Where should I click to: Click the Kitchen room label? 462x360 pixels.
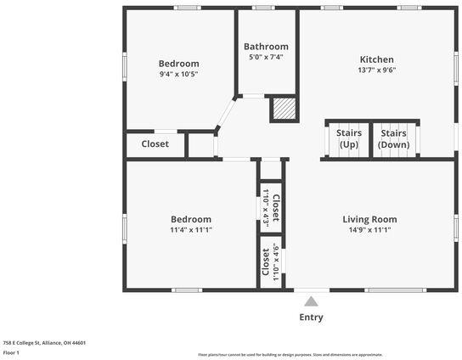[x=376, y=59]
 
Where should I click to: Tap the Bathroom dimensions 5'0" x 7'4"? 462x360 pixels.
[x=266, y=58]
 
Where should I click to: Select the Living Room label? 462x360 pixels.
[x=369, y=219]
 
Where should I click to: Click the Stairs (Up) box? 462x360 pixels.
[x=349, y=139]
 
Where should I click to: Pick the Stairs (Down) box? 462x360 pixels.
[x=393, y=139]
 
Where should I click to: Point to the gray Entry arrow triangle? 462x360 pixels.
[x=312, y=301]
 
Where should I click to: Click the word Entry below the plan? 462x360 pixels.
[x=311, y=318]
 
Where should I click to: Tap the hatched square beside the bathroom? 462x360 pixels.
[x=283, y=110]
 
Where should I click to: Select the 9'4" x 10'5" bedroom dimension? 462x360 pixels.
[x=178, y=75]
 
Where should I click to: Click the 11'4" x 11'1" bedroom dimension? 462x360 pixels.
[x=190, y=230]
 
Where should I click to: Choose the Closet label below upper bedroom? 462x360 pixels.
[x=155, y=144]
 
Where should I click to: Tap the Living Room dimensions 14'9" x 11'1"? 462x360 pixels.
[x=369, y=230]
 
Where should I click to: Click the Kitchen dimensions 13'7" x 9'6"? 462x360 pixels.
[x=376, y=71]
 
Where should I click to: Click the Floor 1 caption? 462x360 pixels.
[x=11, y=352]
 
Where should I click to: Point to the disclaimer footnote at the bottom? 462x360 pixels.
[x=290, y=355]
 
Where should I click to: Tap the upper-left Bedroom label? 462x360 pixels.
[x=178, y=64]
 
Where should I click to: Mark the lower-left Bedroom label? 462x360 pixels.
[x=190, y=219]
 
